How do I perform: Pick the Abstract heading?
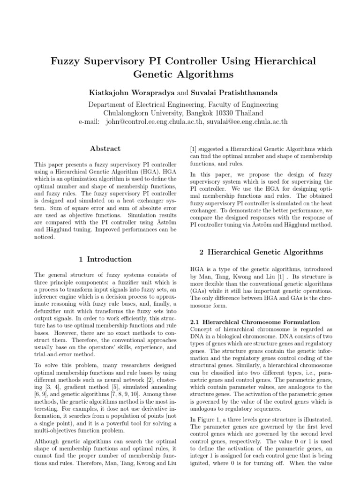(x=105, y=149)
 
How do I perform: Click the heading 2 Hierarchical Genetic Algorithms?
(x=261, y=252)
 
